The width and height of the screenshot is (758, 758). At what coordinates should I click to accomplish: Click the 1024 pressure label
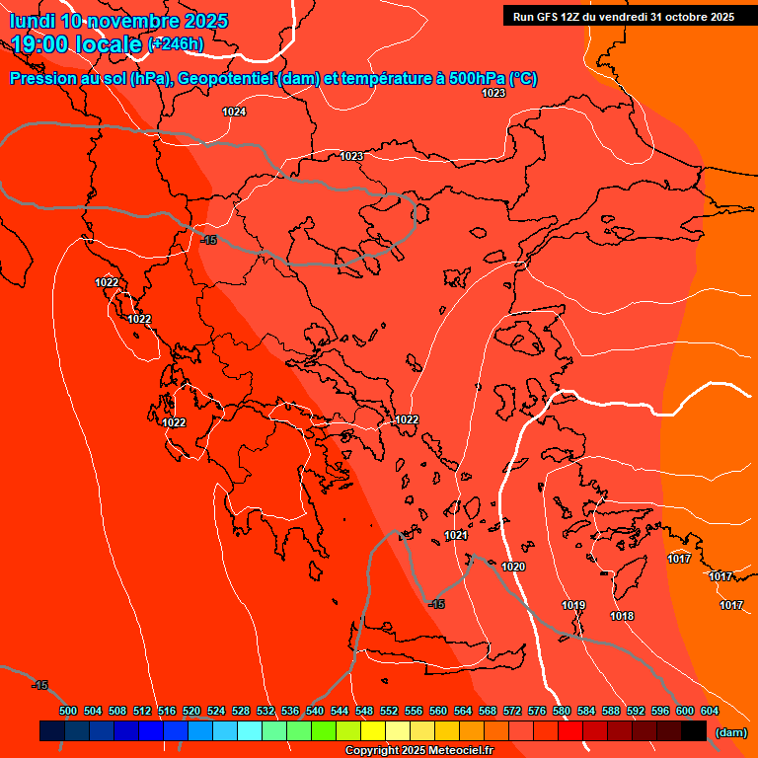pyautogui.click(x=234, y=112)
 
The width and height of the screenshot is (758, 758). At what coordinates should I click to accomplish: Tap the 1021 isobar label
pyautogui.click(x=455, y=535)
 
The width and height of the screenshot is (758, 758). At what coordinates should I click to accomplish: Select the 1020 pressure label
pyautogui.click(x=513, y=567)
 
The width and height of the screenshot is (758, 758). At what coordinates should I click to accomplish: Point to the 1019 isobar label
pyautogui.click(x=573, y=605)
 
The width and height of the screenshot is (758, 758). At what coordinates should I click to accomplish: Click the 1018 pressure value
pyautogui.click(x=622, y=616)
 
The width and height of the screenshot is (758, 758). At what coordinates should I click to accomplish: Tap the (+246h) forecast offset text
pyautogui.click(x=176, y=44)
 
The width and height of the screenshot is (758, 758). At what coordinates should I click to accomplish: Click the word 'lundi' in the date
pyautogui.click(x=33, y=21)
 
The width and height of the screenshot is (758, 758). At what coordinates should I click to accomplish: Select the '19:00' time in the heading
pyautogui.click(x=35, y=44)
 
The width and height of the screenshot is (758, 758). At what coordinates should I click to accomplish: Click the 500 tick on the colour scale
pyautogui.click(x=68, y=711)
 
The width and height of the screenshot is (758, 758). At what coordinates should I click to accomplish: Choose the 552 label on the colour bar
pyautogui.click(x=389, y=711)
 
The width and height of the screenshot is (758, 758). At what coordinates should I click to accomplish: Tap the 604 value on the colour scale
pyautogui.click(x=710, y=711)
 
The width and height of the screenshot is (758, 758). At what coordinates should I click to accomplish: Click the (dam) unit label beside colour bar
pyautogui.click(x=730, y=732)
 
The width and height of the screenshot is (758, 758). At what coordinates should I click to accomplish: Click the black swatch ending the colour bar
pyautogui.click(x=694, y=730)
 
